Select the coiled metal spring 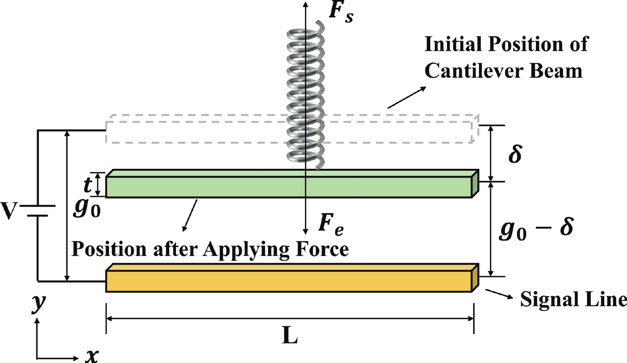[306, 96]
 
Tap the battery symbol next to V [38, 211]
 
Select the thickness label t [87, 184]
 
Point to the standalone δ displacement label [515, 154]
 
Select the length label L [290, 336]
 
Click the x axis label [92, 354]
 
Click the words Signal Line [573, 299]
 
